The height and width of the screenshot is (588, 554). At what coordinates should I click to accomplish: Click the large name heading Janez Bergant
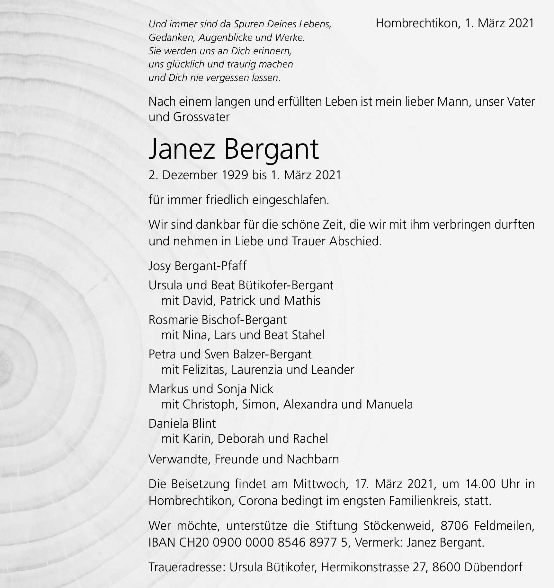(x=233, y=149)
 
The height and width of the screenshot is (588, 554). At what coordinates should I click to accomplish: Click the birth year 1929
(x=235, y=175)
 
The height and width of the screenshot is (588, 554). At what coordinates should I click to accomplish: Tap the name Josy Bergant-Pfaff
(x=197, y=266)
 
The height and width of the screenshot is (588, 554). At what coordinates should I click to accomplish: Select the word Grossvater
(x=201, y=117)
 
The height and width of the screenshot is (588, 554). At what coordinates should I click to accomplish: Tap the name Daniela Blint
(x=182, y=424)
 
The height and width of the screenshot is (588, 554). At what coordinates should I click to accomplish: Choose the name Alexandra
(x=310, y=404)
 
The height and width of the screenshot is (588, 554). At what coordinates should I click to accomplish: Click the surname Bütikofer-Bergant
(x=286, y=285)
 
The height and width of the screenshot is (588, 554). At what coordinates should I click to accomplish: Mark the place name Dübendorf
(x=493, y=567)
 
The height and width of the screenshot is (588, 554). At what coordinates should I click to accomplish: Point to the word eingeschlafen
(x=290, y=200)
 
